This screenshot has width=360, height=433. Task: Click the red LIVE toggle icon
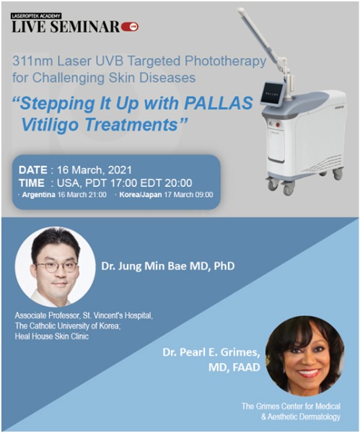(130, 27)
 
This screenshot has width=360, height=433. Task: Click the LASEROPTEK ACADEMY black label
(36, 16)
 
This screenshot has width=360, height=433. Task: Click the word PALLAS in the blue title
(219, 103)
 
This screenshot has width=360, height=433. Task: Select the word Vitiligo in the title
(51, 125)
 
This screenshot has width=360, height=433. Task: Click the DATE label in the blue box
(33, 170)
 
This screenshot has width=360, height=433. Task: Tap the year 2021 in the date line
(120, 170)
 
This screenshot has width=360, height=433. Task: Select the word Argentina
(39, 195)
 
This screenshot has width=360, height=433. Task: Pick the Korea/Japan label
(141, 195)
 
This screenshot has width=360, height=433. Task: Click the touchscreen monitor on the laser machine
(273, 94)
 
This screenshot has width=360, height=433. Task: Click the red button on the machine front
(278, 125)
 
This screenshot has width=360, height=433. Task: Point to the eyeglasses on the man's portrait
(56, 267)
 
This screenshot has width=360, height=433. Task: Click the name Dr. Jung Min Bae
(145, 266)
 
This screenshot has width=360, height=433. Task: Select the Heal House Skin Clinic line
(52, 336)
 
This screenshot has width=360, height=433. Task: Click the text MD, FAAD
(234, 367)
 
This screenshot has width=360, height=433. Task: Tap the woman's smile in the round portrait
(307, 373)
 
